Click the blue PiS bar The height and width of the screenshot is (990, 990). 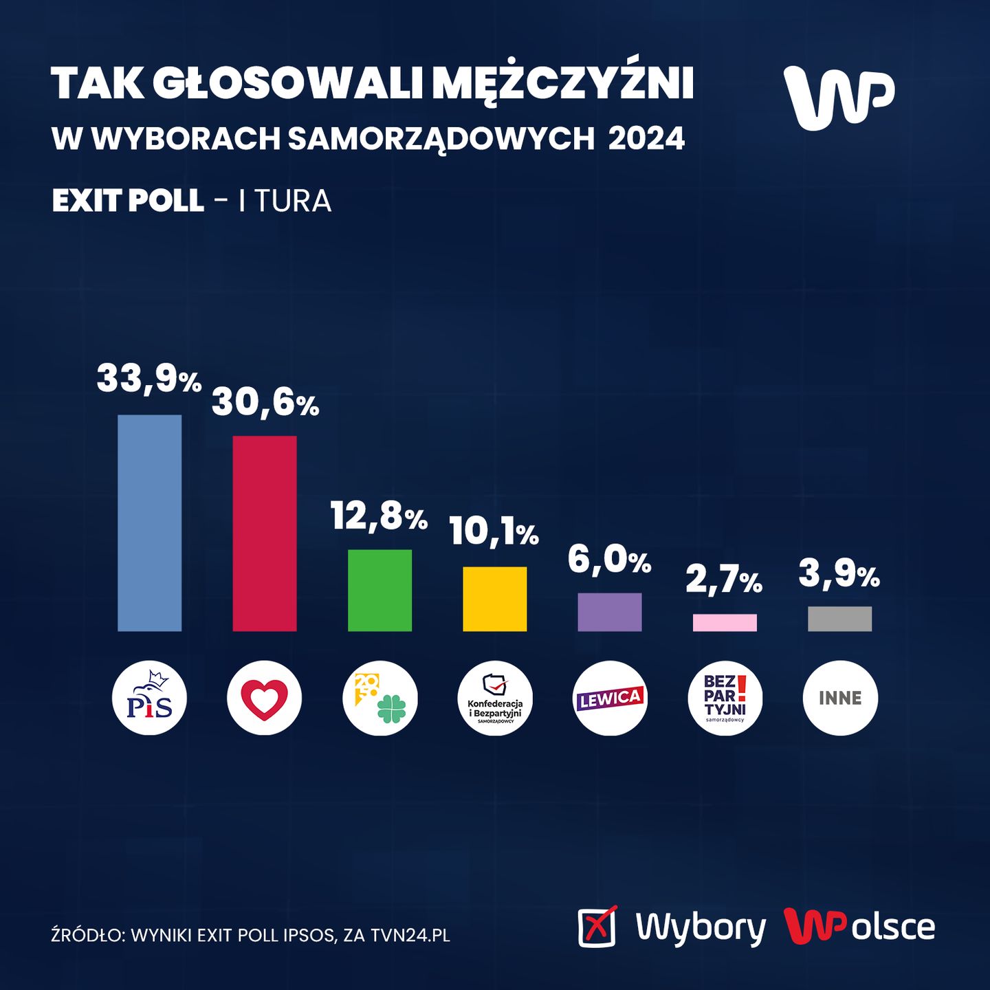coord(150,522)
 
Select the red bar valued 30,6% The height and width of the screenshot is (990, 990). coord(265,533)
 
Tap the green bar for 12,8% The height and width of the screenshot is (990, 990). coord(379,590)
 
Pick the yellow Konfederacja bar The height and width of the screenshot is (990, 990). coord(495,599)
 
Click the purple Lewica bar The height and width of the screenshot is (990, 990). coord(610,612)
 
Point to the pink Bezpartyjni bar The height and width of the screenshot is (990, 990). coord(725,622)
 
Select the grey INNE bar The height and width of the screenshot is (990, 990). coord(839,619)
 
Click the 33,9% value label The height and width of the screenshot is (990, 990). coord(148,379)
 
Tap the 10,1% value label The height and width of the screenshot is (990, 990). coord(494,531)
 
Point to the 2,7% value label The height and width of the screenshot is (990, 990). coord(724,580)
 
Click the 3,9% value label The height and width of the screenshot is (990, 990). coord(839,575)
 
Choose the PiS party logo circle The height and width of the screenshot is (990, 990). coord(149,698)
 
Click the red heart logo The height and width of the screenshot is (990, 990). coord(265,698)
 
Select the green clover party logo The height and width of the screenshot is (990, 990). coord(379,698)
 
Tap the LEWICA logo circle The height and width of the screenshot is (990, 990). coord(610,698)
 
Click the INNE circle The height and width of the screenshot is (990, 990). coord(840,698)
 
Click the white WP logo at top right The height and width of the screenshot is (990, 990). coord(839,97)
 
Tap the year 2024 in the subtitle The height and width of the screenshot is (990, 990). coord(646,139)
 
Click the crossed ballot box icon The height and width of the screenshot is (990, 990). coord(597,926)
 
